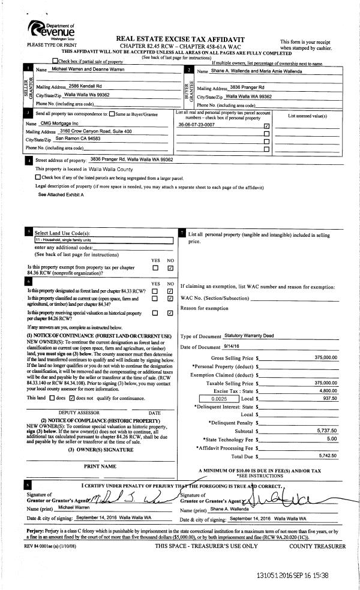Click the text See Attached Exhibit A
(x=61, y=195)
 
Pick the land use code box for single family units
(x=103, y=240)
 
